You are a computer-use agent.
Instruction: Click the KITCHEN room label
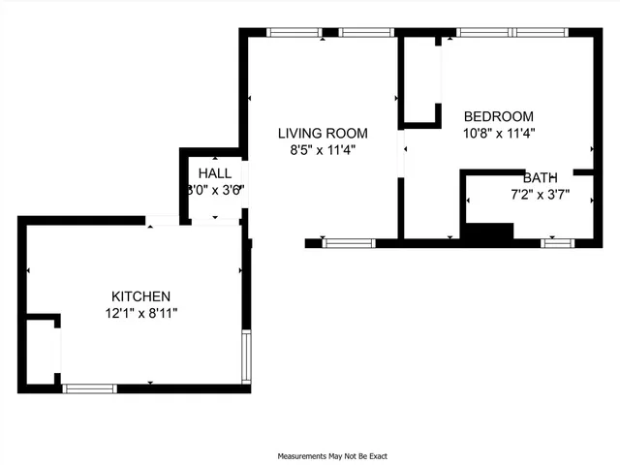click(x=140, y=296)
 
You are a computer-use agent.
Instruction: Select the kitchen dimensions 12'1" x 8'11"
click(x=141, y=313)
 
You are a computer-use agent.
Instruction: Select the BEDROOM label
click(x=499, y=114)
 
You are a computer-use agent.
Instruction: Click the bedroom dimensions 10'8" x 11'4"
click(x=499, y=132)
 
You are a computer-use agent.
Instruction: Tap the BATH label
click(x=540, y=178)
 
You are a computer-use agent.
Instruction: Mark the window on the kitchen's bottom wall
click(x=89, y=388)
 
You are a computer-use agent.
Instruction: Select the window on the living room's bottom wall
click(x=348, y=242)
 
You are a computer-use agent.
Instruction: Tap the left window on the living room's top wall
click(x=294, y=32)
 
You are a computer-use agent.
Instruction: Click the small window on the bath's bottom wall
click(x=557, y=242)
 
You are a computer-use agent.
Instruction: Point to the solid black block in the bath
click(x=488, y=232)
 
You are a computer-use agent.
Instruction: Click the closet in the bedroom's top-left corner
click(x=420, y=81)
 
